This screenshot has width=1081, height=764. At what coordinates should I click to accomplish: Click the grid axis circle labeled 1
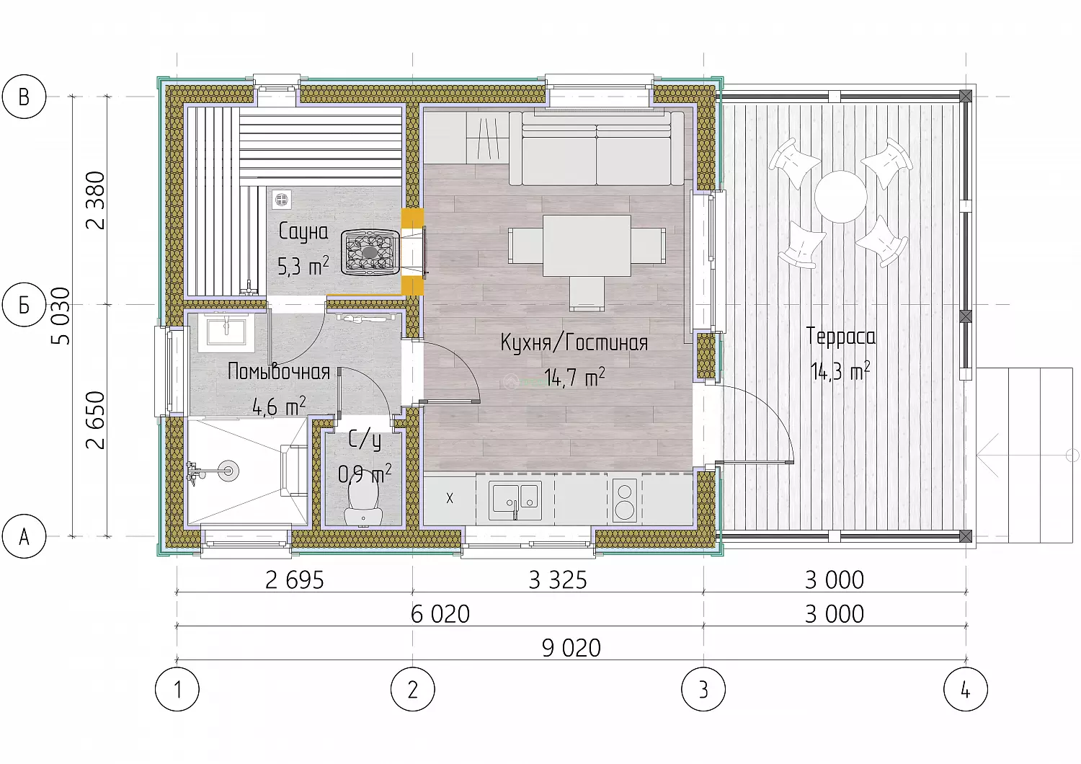click(x=177, y=689)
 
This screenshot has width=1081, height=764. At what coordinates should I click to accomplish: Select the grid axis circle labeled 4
click(x=966, y=689)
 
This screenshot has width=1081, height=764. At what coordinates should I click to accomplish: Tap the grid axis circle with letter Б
click(x=24, y=305)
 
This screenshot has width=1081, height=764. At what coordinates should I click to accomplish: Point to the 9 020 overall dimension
click(x=571, y=648)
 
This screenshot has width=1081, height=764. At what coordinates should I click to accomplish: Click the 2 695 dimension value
click(x=294, y=579)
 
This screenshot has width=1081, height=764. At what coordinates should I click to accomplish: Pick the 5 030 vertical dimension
click(x=61, y=316)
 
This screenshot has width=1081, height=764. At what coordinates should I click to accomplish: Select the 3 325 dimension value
click(x=558, y=579)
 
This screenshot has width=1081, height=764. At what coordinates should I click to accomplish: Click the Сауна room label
click(x=303, y=232)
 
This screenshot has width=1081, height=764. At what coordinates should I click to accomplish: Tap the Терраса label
click(x=841, y=337)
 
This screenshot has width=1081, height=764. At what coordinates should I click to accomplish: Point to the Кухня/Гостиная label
click(x=574, y=342)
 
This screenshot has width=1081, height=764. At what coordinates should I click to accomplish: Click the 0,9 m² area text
click(x=365, y=474)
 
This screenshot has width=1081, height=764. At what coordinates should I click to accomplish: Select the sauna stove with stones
click(x=370, y=252)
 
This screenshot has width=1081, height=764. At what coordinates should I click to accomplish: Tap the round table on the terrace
click(x=841, y=197)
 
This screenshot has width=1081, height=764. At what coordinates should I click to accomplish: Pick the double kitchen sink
click(x=515, y=500)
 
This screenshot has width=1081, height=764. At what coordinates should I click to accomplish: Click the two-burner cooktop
click(x=625, y=500)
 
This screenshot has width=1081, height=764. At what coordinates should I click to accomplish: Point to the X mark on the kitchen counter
click(x=450, y=498)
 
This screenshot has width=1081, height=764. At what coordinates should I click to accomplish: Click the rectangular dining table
click(x=587, y=246)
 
